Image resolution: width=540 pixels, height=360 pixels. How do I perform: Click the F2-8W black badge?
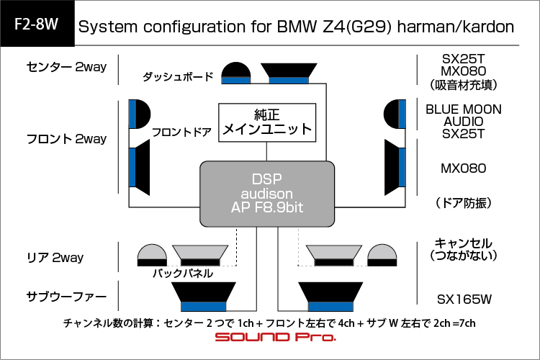pyautogui.click(x=37, y=24)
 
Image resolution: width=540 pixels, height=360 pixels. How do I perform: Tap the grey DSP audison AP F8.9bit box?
pyautogui.click(x=267, y=194)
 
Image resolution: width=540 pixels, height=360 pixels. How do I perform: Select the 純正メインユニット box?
pyautogui.click(x=267, y=122)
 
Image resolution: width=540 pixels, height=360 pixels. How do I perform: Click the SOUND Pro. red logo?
pyautogui.click(x=275, y=337)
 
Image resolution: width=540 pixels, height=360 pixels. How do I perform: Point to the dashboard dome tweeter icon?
pyautogui.click(x=236, y=73)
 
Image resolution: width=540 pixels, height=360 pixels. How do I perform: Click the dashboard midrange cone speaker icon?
pyautogui.click(x=289, y=73)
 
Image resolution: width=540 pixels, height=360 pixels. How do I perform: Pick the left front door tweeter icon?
pyautogui.click(x=140, y=114)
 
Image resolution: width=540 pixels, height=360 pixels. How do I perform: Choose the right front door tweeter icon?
pyautogui.click(x=395, y=114)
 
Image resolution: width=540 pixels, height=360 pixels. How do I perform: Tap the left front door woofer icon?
pyautogui.click(x=139, y=168)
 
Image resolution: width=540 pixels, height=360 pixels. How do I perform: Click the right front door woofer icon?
pyautogui.click(x=395, y=168)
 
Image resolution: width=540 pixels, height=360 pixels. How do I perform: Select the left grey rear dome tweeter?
pyautogui.click(x=152, y=255)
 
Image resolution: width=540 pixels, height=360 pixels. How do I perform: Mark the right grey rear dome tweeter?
pyautogui.click(x=382, y=255)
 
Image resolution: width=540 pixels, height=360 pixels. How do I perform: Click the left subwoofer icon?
pyautogui.click(x=204, y=297)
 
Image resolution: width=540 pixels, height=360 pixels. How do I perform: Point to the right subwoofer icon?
pyautogui.click(x=330, y=297)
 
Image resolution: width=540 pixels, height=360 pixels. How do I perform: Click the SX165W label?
pyautogui.click(x=464, y=300)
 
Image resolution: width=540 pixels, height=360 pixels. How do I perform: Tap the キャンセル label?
pyautogui.click(x=463, y=243)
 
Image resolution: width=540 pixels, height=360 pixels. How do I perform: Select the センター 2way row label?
pyautogui.click(x=66, y=67)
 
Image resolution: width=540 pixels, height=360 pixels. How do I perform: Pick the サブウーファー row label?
pyautogui.click(x=66, y=296)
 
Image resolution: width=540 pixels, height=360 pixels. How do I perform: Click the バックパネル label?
pyautogui.click(x=183, y=273)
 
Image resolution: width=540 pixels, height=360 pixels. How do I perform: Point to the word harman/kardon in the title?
pyautogui.click(x=455, y=27)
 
